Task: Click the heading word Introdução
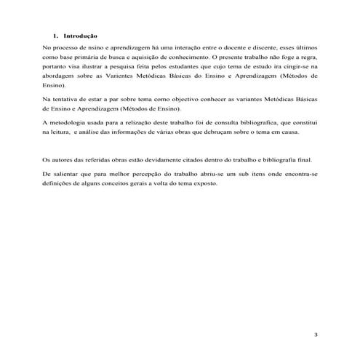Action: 80,36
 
